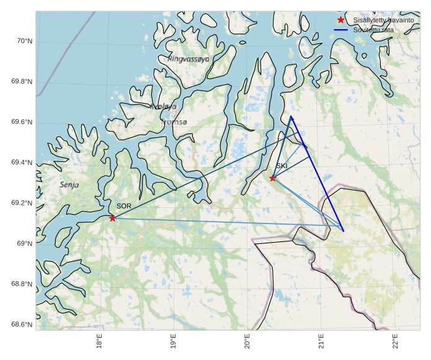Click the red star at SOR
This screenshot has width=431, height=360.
coord(112,218)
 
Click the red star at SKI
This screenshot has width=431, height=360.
coord(273,178)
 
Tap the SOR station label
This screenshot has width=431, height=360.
coord(124,206)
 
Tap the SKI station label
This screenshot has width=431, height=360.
coord(282,166)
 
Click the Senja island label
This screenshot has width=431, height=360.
coord(69,185)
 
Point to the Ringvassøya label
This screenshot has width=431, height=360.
coord(189,59)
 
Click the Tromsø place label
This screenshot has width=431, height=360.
coord(174,122)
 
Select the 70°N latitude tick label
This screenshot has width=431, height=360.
coord(24,41)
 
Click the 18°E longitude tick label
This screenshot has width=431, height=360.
coord(99,341)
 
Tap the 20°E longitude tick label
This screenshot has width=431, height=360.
coord(247,341)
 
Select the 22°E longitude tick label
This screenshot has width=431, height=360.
coord(395,341)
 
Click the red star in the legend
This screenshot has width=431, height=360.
coord(340,20)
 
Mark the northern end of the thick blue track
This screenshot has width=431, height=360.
coord(290,116)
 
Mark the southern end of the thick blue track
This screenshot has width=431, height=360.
coord(343,232)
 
